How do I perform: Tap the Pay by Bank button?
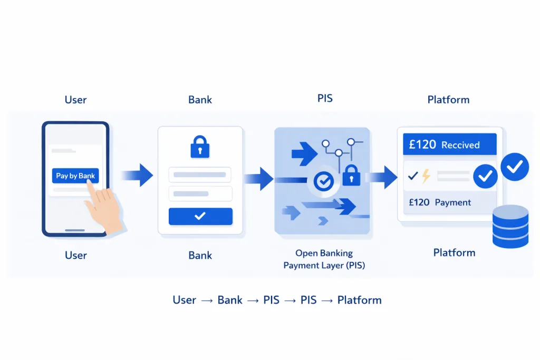coord(75,176)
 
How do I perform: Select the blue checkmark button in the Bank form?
coord(200,216)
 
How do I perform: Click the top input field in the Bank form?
coord(200,174)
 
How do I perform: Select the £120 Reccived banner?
coord(449,144)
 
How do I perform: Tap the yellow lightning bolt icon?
coord(426,176)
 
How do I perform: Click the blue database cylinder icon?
coord(510,227)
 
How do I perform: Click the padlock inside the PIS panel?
coord(351,175)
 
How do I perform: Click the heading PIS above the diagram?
coord(325,98)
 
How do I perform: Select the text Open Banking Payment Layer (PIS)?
coord(324,259)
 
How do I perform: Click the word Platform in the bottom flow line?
coord(359,300)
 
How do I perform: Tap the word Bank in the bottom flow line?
coord(230,300)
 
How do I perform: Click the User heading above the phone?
coord(75,100)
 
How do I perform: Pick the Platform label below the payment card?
coord(454,252)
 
